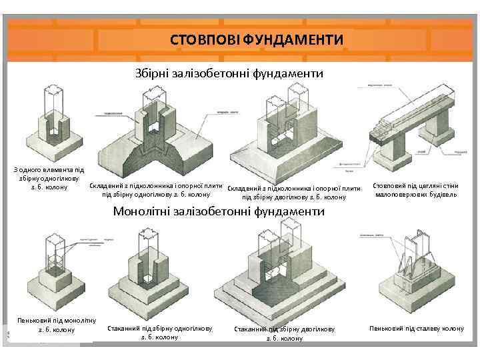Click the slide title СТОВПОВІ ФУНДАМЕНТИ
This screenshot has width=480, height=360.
click(257, 40)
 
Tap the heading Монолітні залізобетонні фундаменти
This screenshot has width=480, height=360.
click(219, 212)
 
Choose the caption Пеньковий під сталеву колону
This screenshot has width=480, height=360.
click(417, 329)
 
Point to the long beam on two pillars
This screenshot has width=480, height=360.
click(407, 117)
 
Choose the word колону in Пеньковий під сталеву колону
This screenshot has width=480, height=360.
click(451, 329)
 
